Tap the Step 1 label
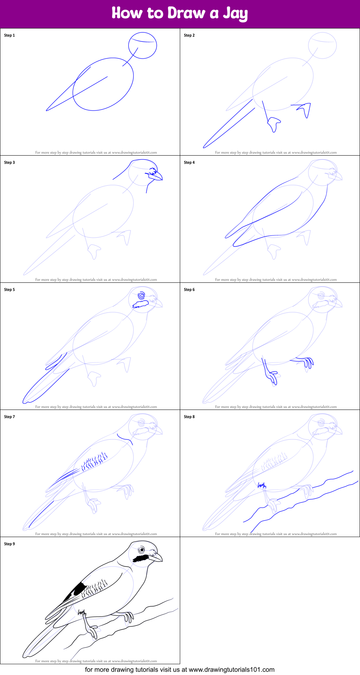coord(9,35)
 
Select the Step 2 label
coord(189,35)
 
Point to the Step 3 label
coord(9,162)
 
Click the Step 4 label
coord(189,162)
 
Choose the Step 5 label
coord(9,290)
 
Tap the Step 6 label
coord(189,290)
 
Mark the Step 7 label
coord(9,417)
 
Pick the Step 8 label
coord(189,417)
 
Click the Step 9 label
coord(9,544)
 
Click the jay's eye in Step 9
coord(142,550)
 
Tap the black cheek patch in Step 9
coord(141,558)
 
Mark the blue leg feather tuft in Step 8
coord(262,485)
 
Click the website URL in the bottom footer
coord(232,670)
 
